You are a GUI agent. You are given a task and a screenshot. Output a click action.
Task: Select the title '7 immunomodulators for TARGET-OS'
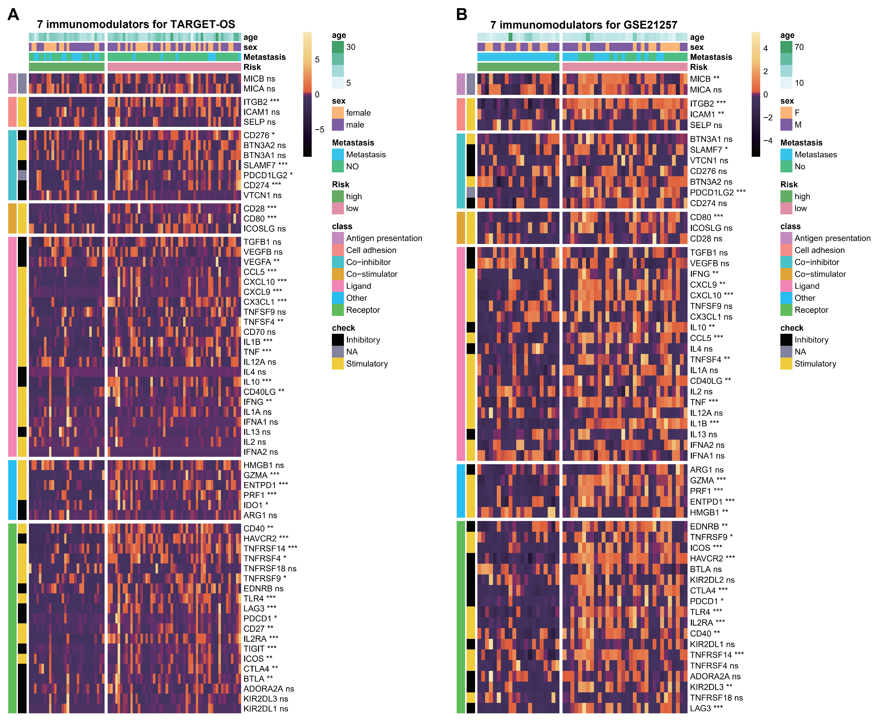coord(136,25)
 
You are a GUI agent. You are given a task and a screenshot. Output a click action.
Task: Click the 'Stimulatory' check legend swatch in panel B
coord(786,364)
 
